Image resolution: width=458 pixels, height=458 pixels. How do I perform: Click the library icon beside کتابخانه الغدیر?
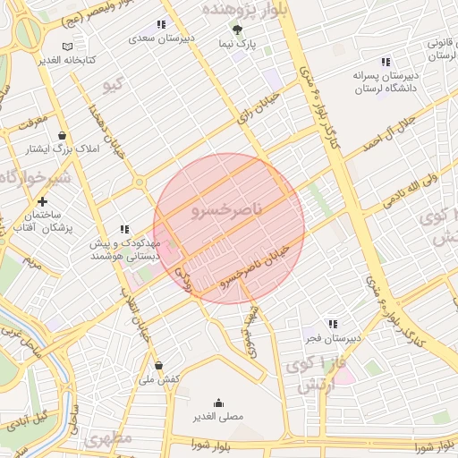(69, 47)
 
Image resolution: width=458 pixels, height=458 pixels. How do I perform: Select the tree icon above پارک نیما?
(237, 30)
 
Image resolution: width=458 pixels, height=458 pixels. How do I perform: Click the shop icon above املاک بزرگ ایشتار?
(62, 135)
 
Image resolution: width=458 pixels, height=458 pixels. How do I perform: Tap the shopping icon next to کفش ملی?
(159, 365)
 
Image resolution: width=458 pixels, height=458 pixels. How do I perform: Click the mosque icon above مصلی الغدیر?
(218, 403)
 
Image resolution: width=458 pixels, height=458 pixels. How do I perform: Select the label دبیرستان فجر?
(334, 337)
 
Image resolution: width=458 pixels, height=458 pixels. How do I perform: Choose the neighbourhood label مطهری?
(109, 439)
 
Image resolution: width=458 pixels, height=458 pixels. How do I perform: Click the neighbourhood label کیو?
(112, 86)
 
